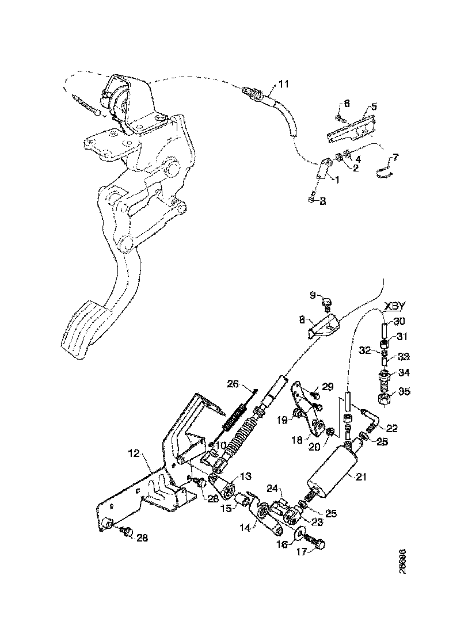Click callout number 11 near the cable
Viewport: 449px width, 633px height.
[283, 85]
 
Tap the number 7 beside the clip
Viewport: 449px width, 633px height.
[395, 157]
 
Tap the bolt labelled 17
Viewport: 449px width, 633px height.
[313, 541]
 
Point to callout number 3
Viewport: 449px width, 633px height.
[323, 201]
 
